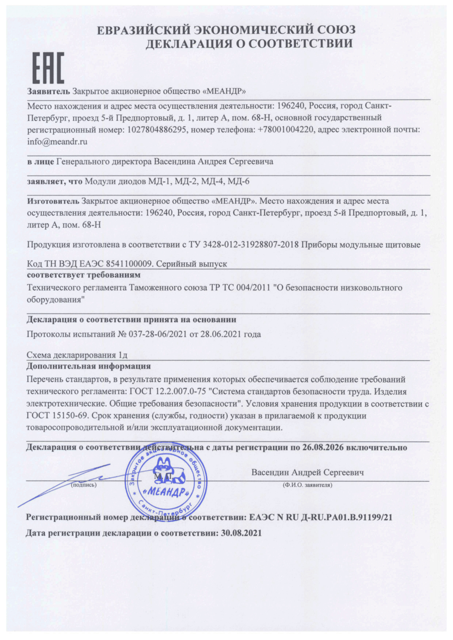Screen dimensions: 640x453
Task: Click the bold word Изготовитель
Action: pyautogui.click(x=53, y=201)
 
